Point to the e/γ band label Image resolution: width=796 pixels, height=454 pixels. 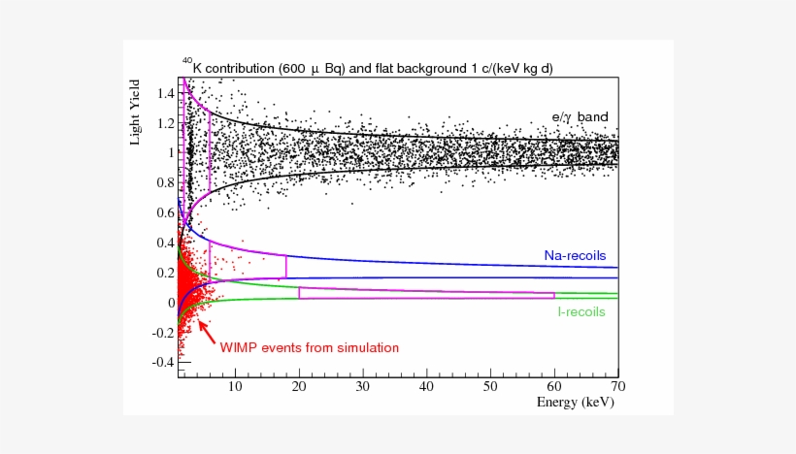pos(580,117)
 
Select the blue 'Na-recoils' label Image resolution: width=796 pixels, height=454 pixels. pos(574,256)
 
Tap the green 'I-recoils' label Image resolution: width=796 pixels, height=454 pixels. pos(581,312)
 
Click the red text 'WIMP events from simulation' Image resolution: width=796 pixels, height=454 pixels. pos(309,347)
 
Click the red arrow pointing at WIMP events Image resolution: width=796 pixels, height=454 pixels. pos(207,330)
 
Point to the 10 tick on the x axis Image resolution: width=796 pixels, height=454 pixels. pos(234,386)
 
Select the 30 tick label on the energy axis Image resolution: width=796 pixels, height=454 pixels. pos(362,386)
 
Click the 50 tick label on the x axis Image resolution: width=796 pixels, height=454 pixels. pos(490,386)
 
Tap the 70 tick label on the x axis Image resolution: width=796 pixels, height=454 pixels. pos(617,386)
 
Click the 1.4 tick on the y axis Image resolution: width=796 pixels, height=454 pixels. pos(164,93)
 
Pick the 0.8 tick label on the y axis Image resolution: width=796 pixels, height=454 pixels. pos(164,182)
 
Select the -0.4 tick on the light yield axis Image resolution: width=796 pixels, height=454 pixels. pos(162,362)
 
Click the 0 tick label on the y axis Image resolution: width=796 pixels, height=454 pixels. pos(170,303)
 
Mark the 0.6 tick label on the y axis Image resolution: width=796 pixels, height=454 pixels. pos(164,212)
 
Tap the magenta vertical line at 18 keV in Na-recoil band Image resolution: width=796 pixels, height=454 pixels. pos(286,266)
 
